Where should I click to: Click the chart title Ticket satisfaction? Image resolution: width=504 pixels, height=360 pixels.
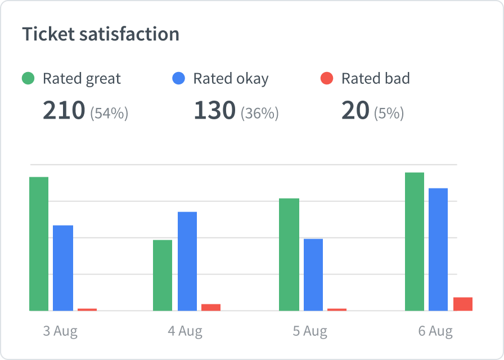(x=101, y=34)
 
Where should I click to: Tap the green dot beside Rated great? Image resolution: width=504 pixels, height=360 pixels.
(x=28, y=79)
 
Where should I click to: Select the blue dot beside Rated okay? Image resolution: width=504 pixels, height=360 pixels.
(x=178, y=79)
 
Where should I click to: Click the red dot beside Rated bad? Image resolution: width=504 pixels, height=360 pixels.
(x=327, y=79)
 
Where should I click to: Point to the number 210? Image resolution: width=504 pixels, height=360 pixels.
(x=64, y=111)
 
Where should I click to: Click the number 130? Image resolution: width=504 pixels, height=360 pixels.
(x=214, y=111)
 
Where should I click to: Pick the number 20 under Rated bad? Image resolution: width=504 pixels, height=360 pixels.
(x=355, y=111)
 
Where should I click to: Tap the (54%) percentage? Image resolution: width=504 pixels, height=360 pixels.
(x=110, y=113)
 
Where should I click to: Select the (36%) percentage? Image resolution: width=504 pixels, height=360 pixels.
(x=260, y=113)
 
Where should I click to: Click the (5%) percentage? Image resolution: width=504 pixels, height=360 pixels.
(x=389, y=113)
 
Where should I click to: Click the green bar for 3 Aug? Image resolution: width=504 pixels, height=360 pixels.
(x=39, y=244)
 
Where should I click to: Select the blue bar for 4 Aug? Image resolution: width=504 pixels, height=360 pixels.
(x=187, y=261)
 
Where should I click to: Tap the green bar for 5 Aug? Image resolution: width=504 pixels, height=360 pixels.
(x=289, y=254)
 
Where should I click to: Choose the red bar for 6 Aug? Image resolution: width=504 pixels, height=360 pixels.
(x=463, y=304)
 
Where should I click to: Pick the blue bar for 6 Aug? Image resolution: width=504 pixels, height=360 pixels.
(x=438, y=249)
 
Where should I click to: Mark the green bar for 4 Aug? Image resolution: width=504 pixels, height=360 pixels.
(x=163, y=275)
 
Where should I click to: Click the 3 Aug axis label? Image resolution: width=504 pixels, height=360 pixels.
(x=60, y=331)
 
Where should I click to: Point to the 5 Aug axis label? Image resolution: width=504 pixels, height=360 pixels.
(x=310, y=331)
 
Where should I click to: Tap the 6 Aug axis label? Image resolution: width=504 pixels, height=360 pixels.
(x=435, y=331)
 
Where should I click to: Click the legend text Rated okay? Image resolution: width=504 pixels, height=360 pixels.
(x=231, y=79)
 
